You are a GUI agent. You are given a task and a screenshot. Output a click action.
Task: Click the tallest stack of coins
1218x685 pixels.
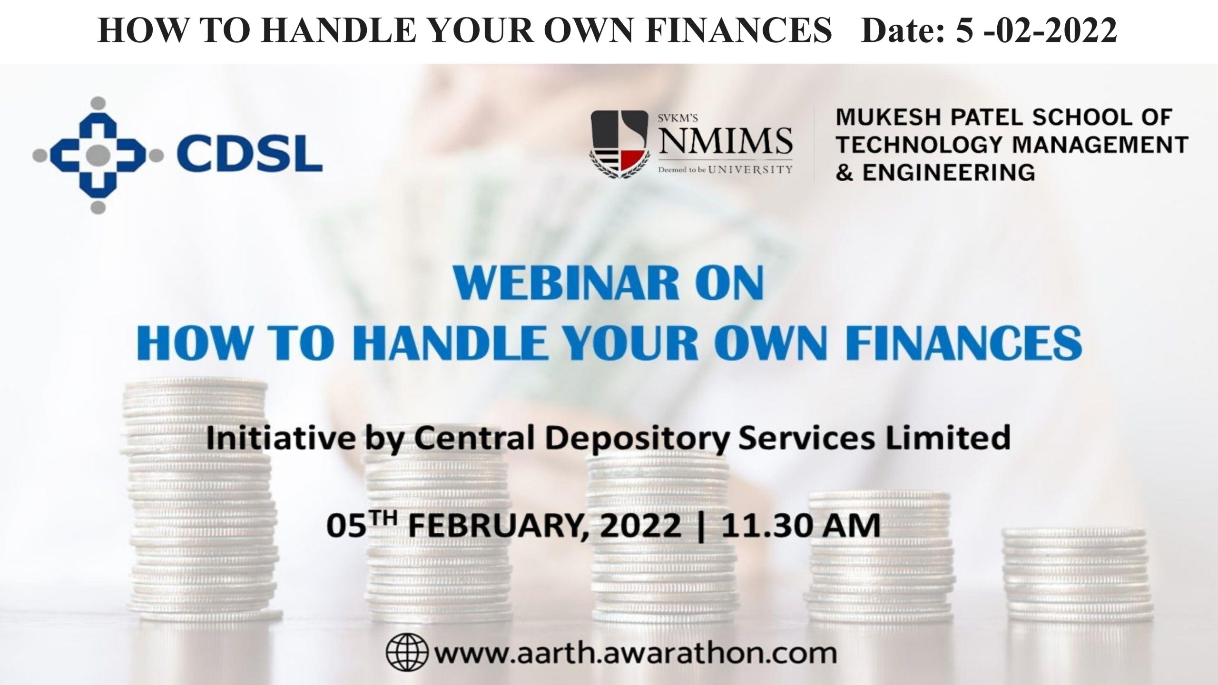click(200, 504)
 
